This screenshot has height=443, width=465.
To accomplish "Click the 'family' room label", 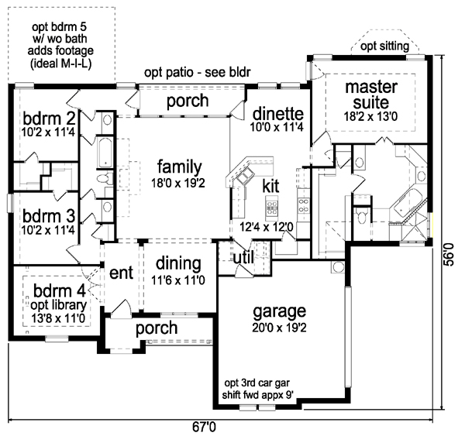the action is click(x=180, y=167).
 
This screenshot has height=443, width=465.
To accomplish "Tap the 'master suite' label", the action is click(x=371, y=94).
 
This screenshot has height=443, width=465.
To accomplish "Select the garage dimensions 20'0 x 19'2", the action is click(x=279, y=328).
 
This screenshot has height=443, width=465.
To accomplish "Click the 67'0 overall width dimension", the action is click(x=204, y=428).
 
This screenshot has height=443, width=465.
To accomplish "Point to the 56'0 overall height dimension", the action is click(x=449, y=255).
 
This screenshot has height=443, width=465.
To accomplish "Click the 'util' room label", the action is click(x=243, y=257).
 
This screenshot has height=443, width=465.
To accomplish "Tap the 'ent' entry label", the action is click(x=122, y=273).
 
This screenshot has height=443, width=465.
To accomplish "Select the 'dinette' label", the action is click(x=278, y=114).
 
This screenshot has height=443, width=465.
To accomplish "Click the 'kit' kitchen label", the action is click(x=270, y=186).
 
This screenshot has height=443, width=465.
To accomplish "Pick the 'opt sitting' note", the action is click(x=384, y=46).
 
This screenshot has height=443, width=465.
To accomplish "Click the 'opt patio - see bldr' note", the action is click(x=198, y=72).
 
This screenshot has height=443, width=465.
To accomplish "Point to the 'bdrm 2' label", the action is click(x=50, y=118).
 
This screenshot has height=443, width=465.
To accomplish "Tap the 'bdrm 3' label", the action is click(x=49, y=216).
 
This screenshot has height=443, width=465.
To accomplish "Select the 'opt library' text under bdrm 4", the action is click(x=58, y=305).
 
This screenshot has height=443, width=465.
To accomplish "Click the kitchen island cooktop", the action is click(x=272, y=207).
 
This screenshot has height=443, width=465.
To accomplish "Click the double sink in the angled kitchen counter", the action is click(x=245, y=177).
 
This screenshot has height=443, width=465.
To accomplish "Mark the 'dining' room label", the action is click(x=178, y=263).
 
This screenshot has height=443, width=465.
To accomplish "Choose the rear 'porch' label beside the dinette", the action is click(x=188, y=101).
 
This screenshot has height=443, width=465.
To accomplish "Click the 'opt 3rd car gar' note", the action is click(x=257, y=383).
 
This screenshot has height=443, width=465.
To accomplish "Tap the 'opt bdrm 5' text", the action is click(x=60, y=27).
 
